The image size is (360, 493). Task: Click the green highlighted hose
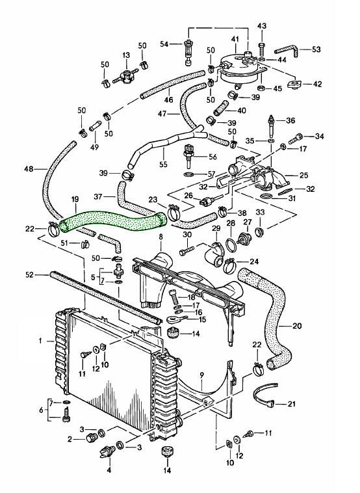[x=114, y=219]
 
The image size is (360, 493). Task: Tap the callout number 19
[x=75, y=199]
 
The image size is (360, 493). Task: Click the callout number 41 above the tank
[x=236, y=40]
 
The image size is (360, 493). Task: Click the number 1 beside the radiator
[x=41, y=340]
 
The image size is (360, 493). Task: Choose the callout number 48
[x=28, y=170]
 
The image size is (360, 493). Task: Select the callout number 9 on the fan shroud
[x=201, y=375]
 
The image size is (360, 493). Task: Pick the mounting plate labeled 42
[x=298, y=83]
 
